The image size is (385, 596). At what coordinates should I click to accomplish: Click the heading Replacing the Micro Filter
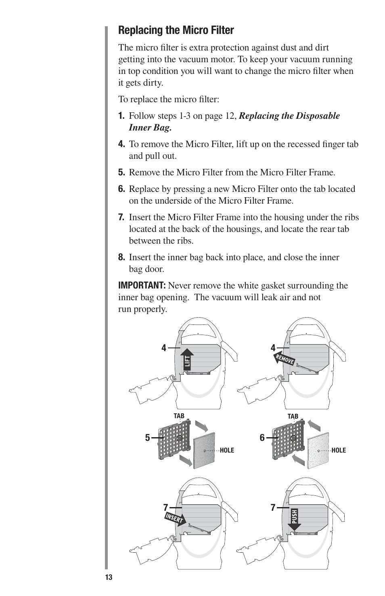176,30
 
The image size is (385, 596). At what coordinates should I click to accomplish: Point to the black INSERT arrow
175,518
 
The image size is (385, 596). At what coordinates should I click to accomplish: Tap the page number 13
109,577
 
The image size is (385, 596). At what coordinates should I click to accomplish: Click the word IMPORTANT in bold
142,286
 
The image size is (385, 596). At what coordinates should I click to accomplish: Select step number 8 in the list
121,257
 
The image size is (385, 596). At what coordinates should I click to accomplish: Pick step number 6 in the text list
121,189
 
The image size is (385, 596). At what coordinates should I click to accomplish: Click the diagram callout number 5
148,438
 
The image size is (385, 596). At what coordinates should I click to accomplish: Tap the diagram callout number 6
262,438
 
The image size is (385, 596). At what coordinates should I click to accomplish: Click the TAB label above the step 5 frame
179,416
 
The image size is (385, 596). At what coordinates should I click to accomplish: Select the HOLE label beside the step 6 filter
339,450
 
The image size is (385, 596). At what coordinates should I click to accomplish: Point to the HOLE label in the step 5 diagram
227,450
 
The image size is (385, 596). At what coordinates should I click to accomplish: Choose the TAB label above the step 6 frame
293,416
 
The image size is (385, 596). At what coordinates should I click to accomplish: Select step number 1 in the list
121,116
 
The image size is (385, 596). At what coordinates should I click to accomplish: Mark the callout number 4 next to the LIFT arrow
164,348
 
